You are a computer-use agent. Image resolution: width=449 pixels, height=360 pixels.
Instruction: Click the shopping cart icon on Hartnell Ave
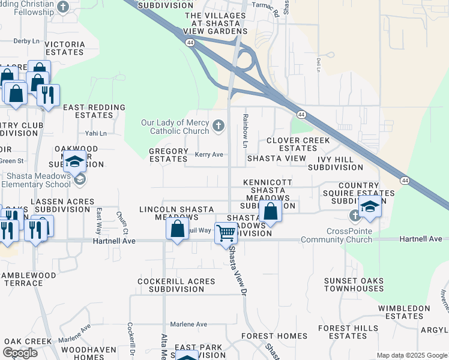point(226,232)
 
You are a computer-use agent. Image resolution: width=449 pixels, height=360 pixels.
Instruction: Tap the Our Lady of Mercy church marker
point(219,127)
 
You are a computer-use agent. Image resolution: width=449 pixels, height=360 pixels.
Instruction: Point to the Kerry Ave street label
point(209,155)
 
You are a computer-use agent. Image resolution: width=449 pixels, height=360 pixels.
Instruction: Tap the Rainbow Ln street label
point(245,130)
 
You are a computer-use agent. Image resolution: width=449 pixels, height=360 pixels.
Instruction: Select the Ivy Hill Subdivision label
point(336,163)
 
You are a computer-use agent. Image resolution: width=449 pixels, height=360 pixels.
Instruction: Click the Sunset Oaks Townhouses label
point(354,284)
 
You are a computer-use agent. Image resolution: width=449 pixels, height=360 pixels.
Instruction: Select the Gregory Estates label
point(169,155)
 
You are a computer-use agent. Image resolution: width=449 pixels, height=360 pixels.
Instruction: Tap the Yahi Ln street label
point(95,133)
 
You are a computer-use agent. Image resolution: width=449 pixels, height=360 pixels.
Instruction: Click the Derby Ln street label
point(26,41)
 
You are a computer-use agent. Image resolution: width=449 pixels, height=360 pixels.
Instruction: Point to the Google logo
point(20,352)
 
